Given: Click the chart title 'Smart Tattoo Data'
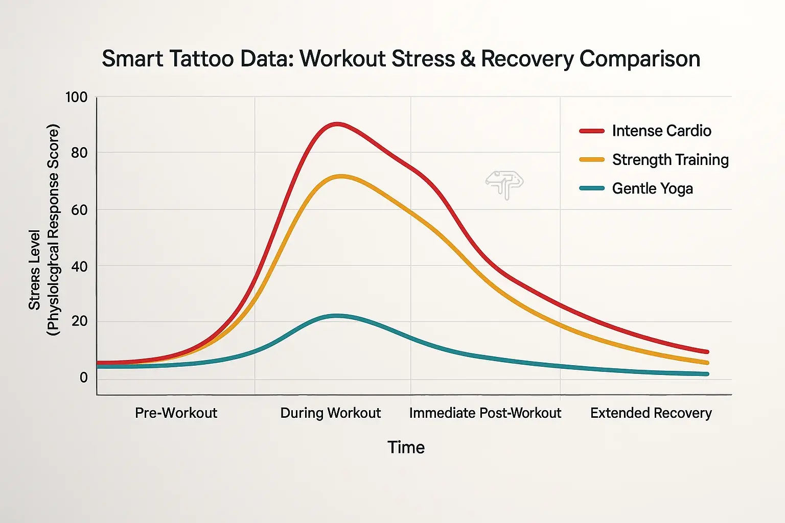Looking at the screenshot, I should [x=401, y=59].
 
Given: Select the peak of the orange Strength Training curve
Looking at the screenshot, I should [x=341, y=177].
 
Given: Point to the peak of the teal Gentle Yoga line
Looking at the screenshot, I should [x=336, y=316].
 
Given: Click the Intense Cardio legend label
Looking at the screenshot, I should [x=661, y=131].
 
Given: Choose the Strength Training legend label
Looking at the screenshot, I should [x=670, y=160].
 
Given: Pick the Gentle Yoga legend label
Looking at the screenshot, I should [x=652, y=188].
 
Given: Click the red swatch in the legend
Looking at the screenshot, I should [x=592, y=131].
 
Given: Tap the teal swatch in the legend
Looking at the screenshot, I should [x=592, y=188].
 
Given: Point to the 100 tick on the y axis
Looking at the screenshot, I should [x=76, y=97].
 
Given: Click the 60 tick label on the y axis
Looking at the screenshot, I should [x=79, y=209].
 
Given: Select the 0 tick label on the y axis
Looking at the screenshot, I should [x=83, y=377].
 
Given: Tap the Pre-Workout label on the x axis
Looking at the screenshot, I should [x=176, y=413].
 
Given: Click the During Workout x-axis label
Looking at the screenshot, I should [x=331, y=413].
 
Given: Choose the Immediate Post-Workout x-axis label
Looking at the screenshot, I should [x=485, y=413].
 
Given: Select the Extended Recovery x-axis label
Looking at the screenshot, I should [x=651, y=413].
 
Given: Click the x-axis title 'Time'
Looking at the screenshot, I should [x=406, y=447].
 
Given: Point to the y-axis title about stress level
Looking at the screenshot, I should [x=44, y=230].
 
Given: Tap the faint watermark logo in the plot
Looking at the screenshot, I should [x=504, y=184].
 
